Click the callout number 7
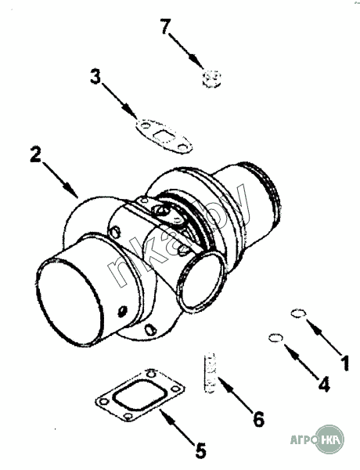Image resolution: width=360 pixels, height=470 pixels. click(x=166, y=27)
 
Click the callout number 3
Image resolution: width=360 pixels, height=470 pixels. click(x=95, y=76)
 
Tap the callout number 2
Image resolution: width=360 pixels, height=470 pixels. click(x=35, y=154)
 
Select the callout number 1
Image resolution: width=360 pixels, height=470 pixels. click(x=344, y=363)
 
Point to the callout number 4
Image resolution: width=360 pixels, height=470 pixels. click(x=324, y=384)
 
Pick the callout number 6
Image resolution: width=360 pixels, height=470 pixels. click(x=259, y=419)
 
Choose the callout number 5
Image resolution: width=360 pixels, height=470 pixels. click(x=200, y=450)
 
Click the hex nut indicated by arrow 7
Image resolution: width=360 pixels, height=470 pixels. click(x=211, y=78)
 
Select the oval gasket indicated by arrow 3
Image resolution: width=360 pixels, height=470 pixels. click(x=164, y=136)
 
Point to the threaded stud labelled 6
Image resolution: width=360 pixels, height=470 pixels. click(x=209, y=373)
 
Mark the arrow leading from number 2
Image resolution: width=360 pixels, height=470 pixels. click(x=59, y=180)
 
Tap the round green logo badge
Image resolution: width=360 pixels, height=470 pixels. click(x=329, y=439)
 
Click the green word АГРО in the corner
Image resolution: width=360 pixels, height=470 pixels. click(x=304, y=440)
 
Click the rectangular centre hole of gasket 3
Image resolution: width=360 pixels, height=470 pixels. click(x=164, y=136)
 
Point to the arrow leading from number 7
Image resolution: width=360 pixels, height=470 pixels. click(x=186, y=51)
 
